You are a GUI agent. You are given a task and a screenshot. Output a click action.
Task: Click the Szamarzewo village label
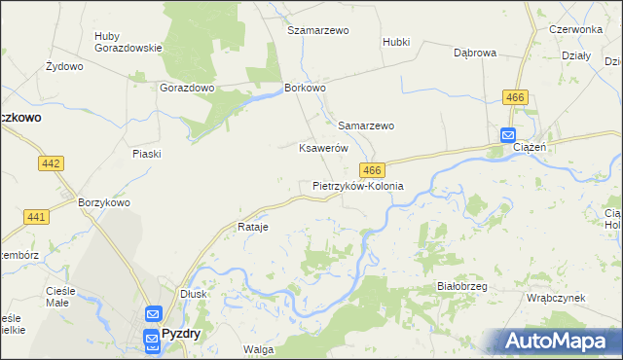tap(317, 30)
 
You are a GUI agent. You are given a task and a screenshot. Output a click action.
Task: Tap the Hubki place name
tap(396, 42)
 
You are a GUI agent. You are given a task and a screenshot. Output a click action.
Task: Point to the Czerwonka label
tap(576, 30)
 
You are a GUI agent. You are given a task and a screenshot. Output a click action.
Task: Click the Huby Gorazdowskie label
tap(121, 43)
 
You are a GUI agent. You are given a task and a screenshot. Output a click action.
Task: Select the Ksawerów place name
tap(323, 148)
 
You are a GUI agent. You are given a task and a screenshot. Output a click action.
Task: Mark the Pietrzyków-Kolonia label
tap(357, 185)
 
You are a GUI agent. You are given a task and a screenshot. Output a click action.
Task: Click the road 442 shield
tap(52, 163)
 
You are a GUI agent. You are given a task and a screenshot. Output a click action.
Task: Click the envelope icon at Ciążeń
tap(508, 136)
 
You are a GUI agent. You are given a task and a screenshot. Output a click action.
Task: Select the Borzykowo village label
tap(103, 202)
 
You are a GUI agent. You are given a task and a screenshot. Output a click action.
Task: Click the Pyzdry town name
tap(180, 333)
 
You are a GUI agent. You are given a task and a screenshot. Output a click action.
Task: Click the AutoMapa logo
tap(556, 341)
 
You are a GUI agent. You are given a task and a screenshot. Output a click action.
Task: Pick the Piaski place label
tap(146, 154)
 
